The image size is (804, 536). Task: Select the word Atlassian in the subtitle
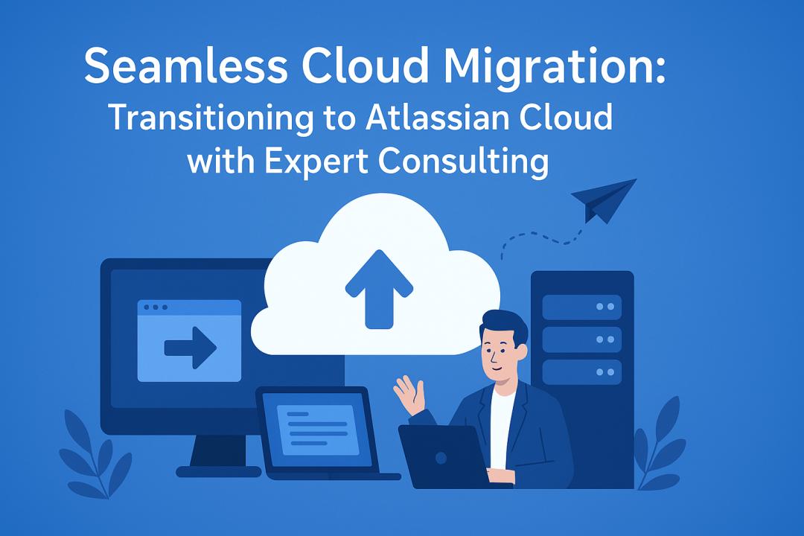438,118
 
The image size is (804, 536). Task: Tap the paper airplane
604,200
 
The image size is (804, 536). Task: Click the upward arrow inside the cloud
379,289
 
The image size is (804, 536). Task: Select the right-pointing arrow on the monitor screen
191,348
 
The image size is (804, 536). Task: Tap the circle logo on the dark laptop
441,458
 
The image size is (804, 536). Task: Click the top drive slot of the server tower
582,307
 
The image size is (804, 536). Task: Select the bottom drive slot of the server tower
582,372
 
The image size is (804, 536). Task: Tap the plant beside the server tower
660,442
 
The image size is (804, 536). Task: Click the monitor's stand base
218,471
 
